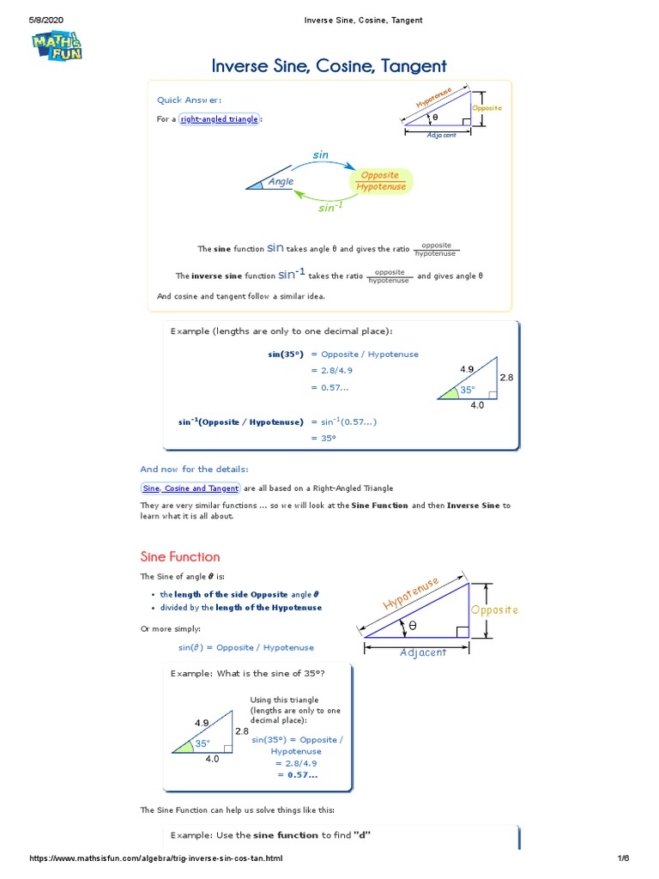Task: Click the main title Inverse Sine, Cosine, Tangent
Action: tap(329, 66)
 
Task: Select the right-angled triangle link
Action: tap(220, 119)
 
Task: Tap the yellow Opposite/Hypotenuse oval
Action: tap(381, 181)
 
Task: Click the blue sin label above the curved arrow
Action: tap(320, 155)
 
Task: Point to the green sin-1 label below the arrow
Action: tap(329, 208)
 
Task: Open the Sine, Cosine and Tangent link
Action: tap(190, 488)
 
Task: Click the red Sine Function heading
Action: tap(180, 556)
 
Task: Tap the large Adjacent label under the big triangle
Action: tap(423, 652)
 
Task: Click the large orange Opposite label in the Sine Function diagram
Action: tap(494, 609)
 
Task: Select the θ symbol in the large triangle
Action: tap(412, 627)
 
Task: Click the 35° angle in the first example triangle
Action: tap(467, 390)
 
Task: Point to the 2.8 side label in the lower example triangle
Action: tap(241, 731)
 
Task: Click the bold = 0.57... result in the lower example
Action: tap(296, 774)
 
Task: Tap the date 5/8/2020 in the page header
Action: tap(47, 20)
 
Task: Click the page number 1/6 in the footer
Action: tap(622, 858)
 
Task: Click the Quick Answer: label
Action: tap(189, 100)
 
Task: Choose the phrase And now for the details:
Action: tap(194, 469)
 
